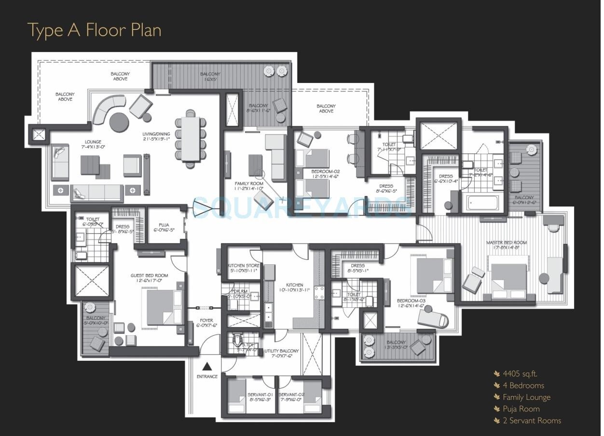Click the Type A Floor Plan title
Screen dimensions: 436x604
coord(94,30)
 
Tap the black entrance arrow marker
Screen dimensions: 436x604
coord(207,366)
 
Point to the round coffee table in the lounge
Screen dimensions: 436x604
coord(119,122)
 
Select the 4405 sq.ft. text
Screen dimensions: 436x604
coord(520,373)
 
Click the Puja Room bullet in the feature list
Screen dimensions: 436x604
coord(521,409)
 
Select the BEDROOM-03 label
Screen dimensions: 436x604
coord(412,303)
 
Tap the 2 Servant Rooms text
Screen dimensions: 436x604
coord(532,421)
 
